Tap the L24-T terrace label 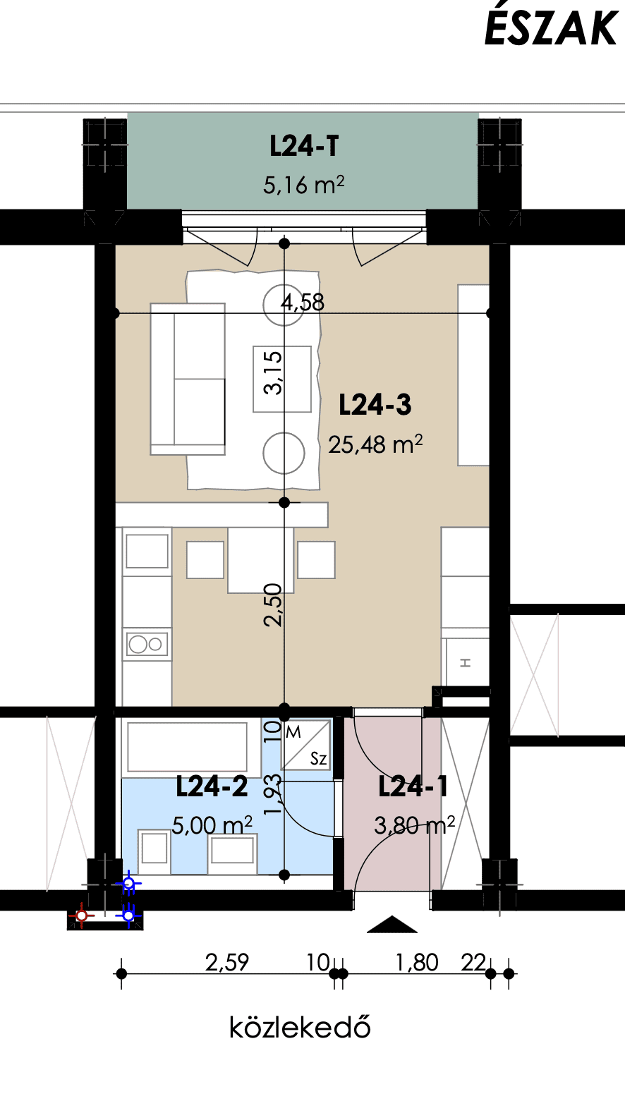304,146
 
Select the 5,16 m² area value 303,185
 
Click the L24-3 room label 375,404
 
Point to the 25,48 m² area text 375,444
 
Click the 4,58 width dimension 303,302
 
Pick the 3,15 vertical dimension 273,372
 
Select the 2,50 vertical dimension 273,604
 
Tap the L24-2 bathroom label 212,786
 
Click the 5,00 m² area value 212,825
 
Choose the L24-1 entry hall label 413,786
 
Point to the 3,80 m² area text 414,825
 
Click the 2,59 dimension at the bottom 227,963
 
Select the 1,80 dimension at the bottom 417,963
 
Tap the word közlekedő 300,1027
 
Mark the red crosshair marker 82,916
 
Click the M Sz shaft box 306,745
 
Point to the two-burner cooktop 147,645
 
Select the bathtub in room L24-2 188,747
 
